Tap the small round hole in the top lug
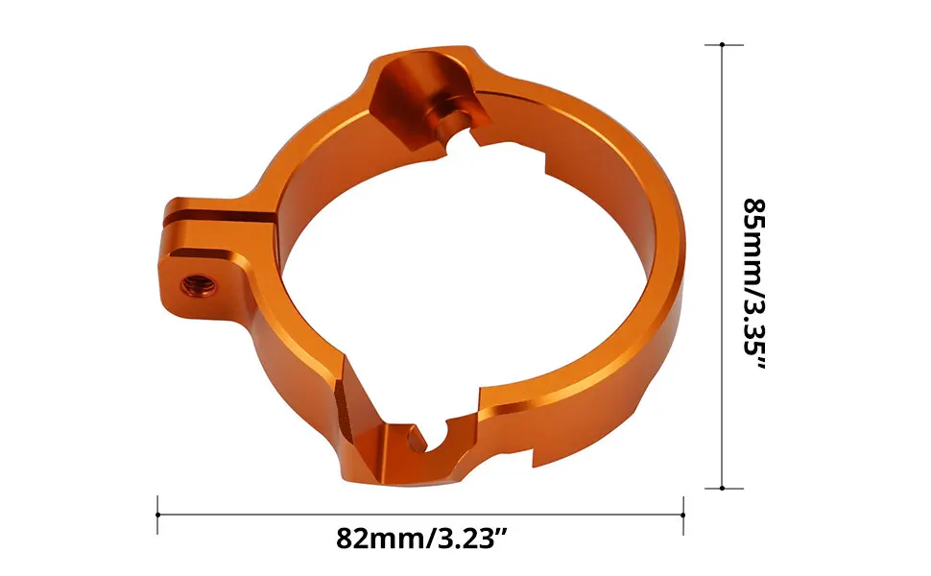[447, 120]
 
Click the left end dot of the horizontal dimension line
[158, 515]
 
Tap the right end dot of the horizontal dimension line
[682, 515]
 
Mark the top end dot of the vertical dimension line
[723, 44]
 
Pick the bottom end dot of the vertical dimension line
[723, 488]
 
